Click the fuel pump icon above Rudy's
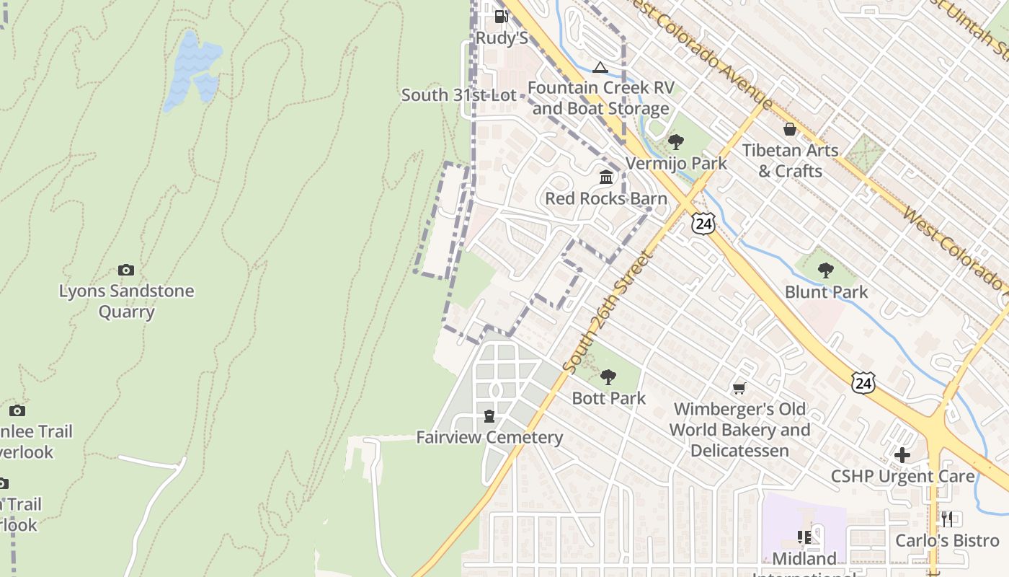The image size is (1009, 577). click(501, 16)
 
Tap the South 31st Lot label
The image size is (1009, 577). click(458, 94)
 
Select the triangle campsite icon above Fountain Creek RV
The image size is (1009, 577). click(600, 68)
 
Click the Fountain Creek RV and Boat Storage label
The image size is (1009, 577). click(601, 98)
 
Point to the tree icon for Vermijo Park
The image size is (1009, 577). click(676, 141)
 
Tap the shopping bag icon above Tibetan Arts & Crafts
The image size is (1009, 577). click(791, 129)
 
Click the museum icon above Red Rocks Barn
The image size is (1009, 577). click(606, 177)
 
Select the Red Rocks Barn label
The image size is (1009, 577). click(605, 198)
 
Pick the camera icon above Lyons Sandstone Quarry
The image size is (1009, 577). click(126, 270)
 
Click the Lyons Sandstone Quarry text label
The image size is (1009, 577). click(126, 301)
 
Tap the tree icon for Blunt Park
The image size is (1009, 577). click(826, 270)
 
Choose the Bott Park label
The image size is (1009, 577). click(608, 398)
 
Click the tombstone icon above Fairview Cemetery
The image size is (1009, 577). click(489, 416)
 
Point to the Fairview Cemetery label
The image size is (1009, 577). click(489, 437)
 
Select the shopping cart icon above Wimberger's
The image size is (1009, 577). click(739, 389)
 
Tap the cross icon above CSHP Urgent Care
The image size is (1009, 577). click(902, 455)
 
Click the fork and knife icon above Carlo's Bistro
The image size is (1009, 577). click(947, 519)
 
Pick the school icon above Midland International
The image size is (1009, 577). click(804, 537)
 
